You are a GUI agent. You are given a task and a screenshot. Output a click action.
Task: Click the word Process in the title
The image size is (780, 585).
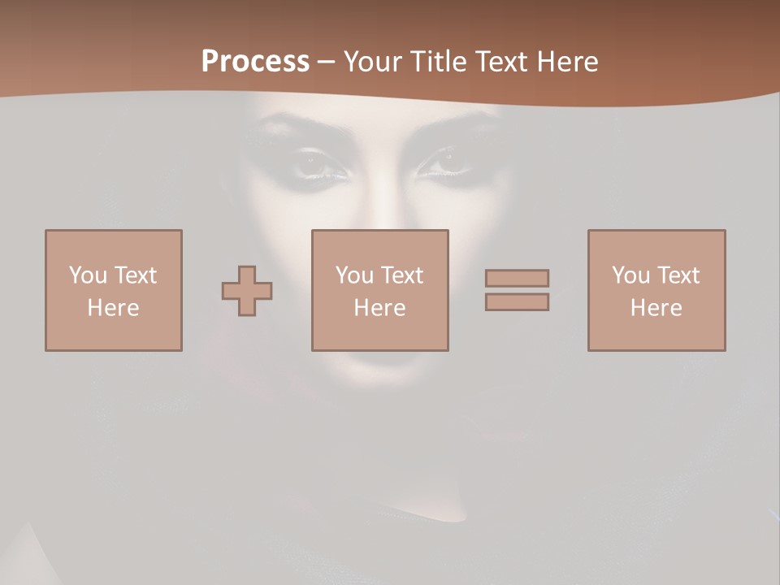tap(255, 62)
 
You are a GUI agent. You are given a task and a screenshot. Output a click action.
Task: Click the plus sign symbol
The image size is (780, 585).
tap(247, 291)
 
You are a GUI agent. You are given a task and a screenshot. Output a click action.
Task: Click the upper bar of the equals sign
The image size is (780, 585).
tap(517, 278)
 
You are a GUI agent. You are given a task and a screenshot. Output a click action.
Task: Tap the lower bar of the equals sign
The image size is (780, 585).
tap(517, 302)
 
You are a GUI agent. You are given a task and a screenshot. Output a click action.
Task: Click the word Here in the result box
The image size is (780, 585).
tap(656, 308)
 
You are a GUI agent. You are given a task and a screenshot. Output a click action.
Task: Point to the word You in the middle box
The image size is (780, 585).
tap(354, 275)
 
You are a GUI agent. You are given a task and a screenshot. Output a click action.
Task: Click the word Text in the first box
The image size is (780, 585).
tap(135, 275)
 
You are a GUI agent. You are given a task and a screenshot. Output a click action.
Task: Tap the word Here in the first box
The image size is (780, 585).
tap(113, 308)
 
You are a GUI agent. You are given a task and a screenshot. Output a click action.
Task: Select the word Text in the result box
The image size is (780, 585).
tap(678, 275)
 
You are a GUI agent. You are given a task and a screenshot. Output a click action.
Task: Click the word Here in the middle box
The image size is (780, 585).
tap(379, 308)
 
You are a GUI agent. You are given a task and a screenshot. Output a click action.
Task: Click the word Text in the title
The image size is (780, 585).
tap(498, 62)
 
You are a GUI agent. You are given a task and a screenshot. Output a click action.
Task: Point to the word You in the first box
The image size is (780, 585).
tap(88, 275)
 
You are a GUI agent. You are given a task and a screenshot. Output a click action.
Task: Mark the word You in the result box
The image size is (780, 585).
tap(630, 275)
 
